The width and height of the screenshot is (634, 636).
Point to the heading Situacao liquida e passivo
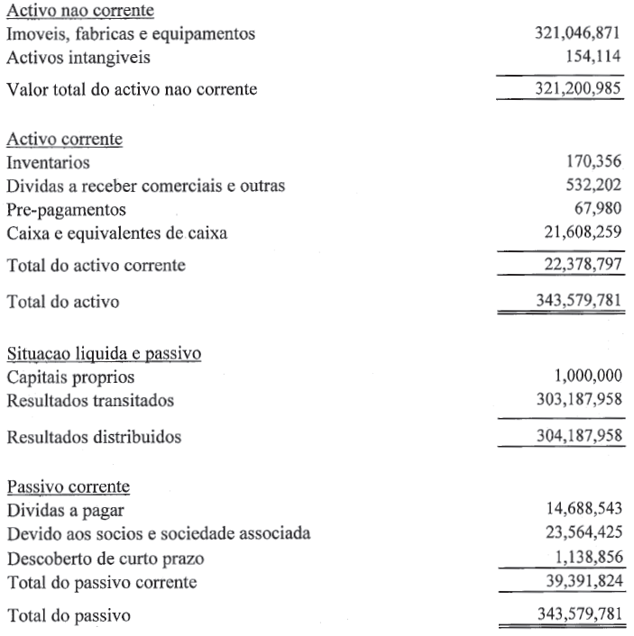tap(104, 353)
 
